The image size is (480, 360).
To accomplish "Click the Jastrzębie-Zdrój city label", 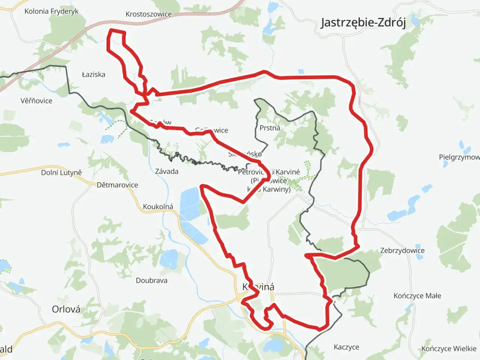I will point(363,22).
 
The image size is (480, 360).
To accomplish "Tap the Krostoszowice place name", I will point(148,14).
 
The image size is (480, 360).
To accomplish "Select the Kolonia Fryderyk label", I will point(51,11).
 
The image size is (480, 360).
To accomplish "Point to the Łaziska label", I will point(93,74).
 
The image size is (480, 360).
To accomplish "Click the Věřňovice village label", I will point(36,100).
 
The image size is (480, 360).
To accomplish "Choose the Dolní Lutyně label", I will point(61,172).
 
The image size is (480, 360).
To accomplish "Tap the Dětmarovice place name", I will point(117,185).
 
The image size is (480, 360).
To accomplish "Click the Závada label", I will point(166,171).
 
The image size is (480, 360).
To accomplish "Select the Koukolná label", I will point(158,207).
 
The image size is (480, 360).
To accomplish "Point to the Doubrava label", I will point(151,280).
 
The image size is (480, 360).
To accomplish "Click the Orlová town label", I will point(66,309).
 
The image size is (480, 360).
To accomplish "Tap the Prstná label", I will point(270,128).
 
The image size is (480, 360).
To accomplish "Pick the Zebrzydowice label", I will point(402,250).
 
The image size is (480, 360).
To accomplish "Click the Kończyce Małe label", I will point(417,296).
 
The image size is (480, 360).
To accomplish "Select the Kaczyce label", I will point(346,347).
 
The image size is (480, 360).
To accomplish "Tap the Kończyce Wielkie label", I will point(448,349).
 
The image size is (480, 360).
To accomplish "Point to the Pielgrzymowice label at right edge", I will point(459,157).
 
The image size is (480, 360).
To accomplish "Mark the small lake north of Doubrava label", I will point(169,259).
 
